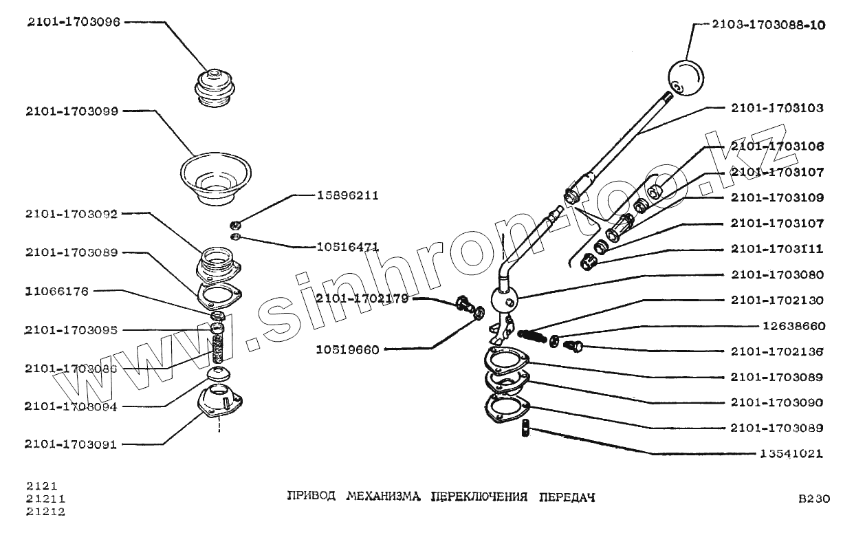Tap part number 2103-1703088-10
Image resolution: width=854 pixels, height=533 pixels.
click(768, 25)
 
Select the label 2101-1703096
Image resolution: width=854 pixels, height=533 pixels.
click(74, 22)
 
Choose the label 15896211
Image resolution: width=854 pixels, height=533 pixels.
click(347, 195)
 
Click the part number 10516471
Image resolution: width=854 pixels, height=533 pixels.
click(347, 246)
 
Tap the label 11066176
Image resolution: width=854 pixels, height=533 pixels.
click(57, 291)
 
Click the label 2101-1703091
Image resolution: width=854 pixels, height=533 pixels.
click(71, 444)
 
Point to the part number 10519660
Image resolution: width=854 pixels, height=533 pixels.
click(347, 349)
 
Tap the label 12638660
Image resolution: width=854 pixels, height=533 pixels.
click(793, 326)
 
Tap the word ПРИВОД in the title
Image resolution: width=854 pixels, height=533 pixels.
click(311, 497)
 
